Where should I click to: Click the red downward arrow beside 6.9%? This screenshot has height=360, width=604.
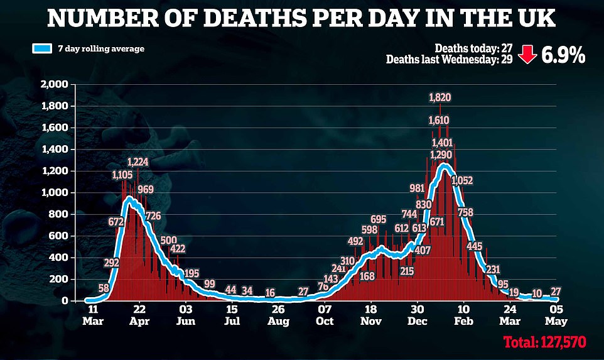[526, 56]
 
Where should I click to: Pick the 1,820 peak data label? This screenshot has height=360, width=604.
[440, 97]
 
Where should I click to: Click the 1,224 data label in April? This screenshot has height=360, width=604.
[138, 161]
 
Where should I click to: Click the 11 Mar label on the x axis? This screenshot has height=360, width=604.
[92, 314]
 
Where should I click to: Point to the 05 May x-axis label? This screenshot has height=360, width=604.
[556, 314]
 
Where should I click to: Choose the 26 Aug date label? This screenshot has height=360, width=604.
[278, 314]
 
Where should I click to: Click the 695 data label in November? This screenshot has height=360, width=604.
[378, 219]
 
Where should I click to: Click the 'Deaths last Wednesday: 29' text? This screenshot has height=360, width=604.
[450, 60]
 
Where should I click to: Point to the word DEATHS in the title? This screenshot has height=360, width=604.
[247, 18]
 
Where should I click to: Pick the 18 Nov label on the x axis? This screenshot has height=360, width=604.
[370, 314]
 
